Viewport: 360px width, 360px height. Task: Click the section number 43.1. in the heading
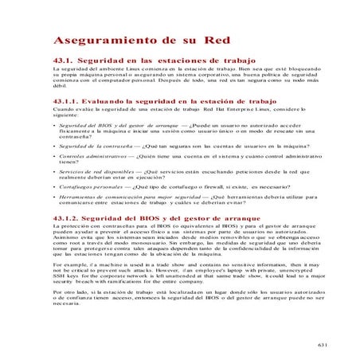click(64, 61)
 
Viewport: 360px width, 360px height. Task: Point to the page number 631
click(321, 345)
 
